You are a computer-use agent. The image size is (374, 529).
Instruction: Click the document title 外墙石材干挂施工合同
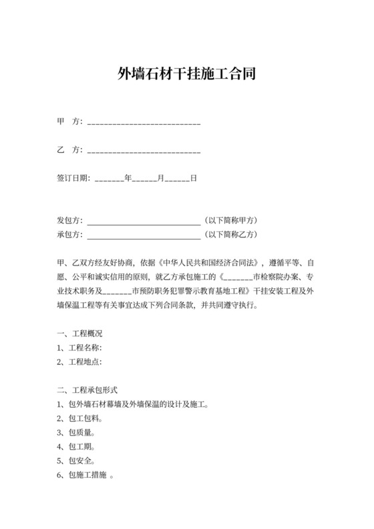pyautogui.click(x=187, y=73)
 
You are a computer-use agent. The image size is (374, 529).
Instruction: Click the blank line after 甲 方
pyautogui.click(x=144, y=122)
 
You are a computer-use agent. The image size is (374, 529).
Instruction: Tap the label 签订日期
pyautogui.click(x=74, y=179)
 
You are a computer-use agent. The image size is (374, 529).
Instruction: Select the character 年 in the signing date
pyautogui.click(x=128, y=179)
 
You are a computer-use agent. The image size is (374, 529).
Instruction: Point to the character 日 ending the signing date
pyautogui.click(x=193, y=179)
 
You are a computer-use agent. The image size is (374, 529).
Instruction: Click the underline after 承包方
pyautogui.click(x=144, y=235)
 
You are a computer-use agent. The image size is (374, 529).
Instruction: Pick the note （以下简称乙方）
pyautogui.click(x=231, y=235)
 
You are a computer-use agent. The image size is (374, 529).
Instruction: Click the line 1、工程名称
pyautogui.click(x=79, y=348)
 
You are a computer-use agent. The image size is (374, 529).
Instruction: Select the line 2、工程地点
pyautogui.click(x=79, y=362)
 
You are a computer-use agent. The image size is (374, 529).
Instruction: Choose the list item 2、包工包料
pyautogui.click(x=79, y=418)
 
